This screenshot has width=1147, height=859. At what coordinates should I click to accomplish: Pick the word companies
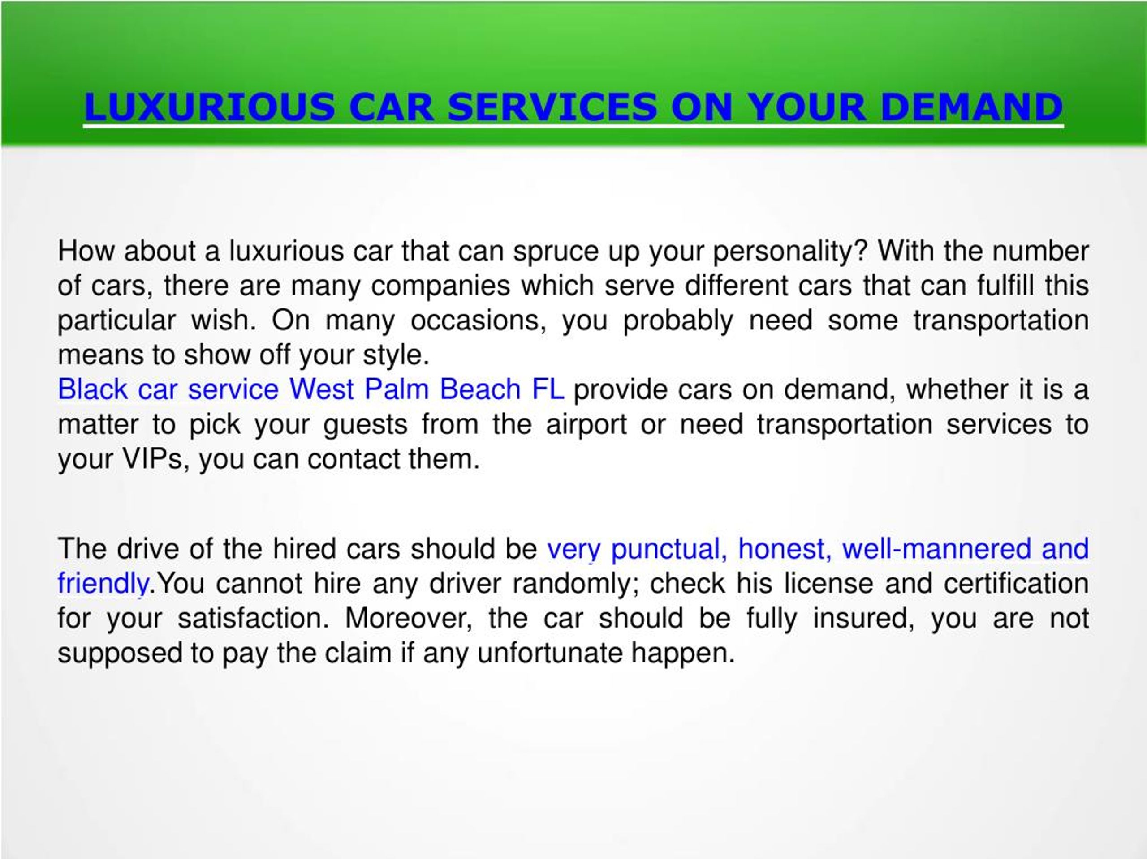tap(440, 286)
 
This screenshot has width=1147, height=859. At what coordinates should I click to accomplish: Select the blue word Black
tap(92, 389)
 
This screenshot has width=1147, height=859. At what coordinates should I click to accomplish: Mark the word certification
tap(1016, 584)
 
